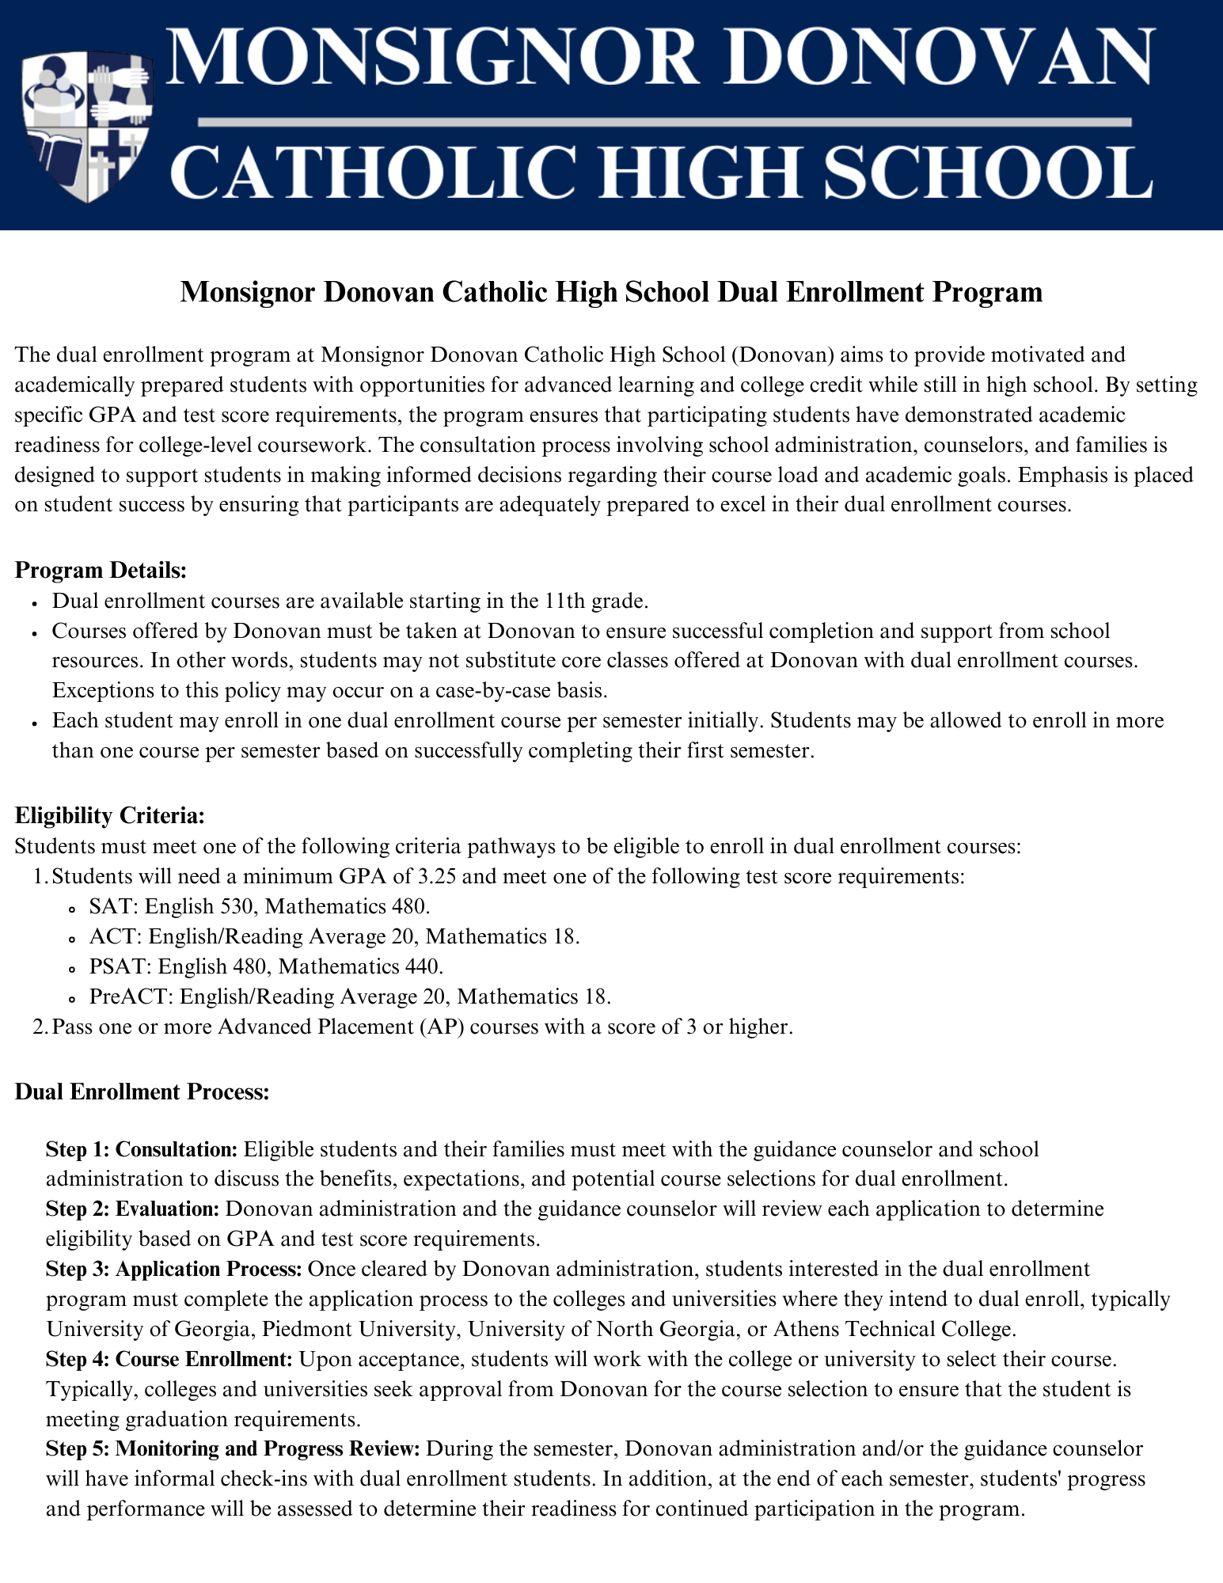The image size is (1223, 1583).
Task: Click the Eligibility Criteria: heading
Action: [110, 815]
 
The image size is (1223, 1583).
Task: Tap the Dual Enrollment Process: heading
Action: [142, 1092]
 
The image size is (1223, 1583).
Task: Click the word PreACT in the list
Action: [121, 996]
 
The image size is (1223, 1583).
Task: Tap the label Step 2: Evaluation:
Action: [132, 1209]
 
